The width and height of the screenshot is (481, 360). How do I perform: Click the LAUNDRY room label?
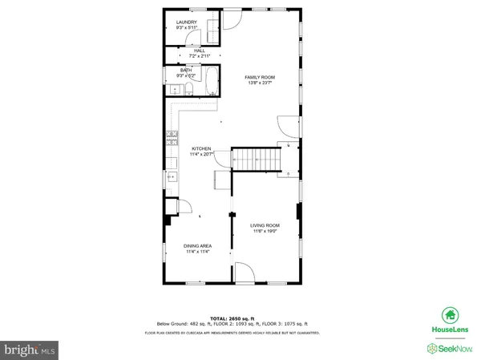coord(186,22)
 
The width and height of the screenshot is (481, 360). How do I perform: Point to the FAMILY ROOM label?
coord(261,77)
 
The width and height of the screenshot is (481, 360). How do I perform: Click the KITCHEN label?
coord(200,149)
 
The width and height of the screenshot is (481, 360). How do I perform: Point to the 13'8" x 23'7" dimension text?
coord(261,83)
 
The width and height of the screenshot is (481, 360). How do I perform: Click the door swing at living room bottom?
coord(244,274)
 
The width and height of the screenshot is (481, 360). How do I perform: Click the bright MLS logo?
coord(30,350)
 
